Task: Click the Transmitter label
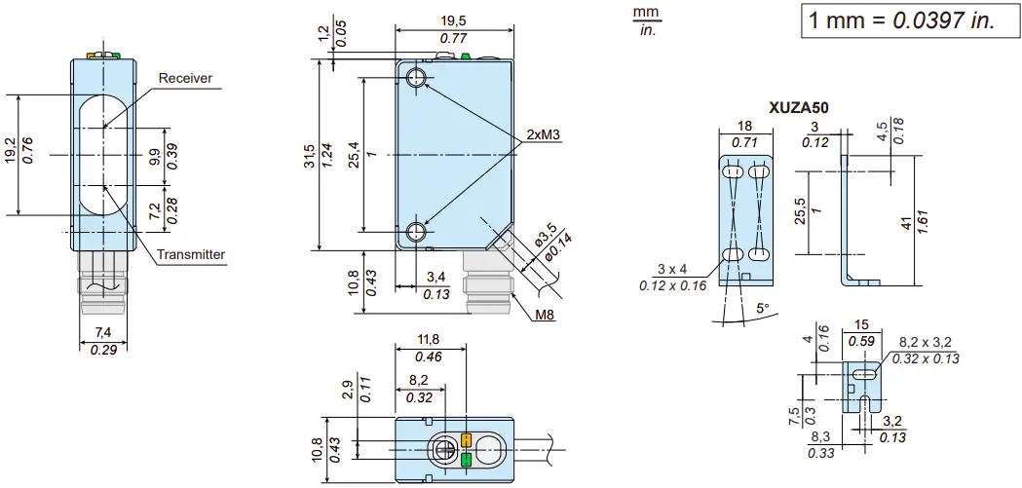point(191,255)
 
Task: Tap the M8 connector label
point(544,315)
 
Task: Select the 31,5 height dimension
point(309,155)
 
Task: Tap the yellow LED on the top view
point(466,440)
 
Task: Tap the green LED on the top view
point(466,459)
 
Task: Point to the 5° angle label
point(763,308)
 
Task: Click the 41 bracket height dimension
point(906,225)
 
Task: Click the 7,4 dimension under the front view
point(102,334)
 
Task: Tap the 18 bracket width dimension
point(744,126)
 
